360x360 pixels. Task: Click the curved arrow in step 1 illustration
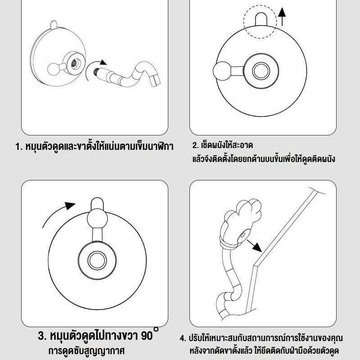pos(101,64)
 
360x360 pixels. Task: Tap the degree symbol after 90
pos(156,330)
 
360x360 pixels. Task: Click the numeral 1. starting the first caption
pos(18,147)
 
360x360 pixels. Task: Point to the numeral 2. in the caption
pos(195,146)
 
